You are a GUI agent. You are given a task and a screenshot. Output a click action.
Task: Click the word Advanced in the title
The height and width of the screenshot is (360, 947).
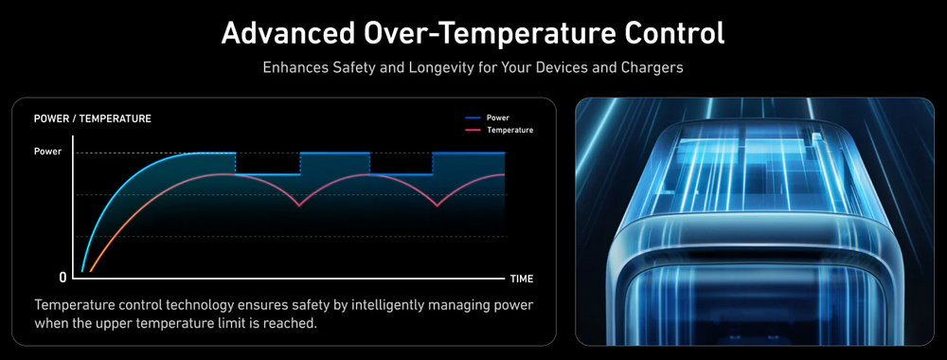click(288, 34)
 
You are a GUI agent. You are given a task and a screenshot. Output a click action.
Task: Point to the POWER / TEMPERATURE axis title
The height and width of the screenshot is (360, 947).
click(93, 119)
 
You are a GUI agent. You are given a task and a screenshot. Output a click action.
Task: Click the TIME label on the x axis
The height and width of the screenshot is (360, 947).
click(522, 279)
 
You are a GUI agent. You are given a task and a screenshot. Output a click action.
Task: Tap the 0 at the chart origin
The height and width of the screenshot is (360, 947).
click(63, 278)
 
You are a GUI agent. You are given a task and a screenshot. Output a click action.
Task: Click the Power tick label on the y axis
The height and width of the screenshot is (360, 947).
click(47, 152)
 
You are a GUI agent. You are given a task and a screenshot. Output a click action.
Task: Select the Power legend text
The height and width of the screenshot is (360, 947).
click(498, 117)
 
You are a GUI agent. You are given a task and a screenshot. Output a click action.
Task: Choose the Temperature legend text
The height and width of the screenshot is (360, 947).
click(509, 130)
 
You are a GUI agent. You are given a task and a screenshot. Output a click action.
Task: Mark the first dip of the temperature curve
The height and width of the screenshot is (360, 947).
click(299, 206)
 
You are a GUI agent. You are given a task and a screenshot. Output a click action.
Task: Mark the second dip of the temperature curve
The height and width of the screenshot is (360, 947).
click(438, 206)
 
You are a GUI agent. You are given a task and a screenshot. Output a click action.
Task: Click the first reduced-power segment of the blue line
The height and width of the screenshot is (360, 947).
click(268, 174)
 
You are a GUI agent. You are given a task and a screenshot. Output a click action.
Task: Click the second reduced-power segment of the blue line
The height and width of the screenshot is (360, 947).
click(401, 174)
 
